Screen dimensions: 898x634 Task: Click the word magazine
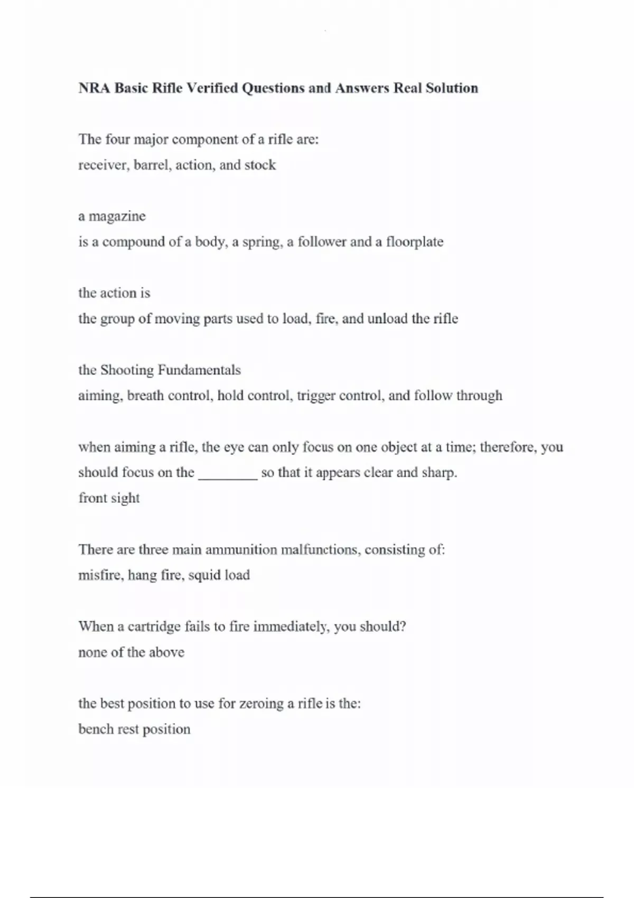[x=117, y=217]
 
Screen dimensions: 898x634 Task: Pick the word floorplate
[x=415, y=242]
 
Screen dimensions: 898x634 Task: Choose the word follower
[x=322, y=242]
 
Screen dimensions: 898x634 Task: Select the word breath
[x=145, y=396]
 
